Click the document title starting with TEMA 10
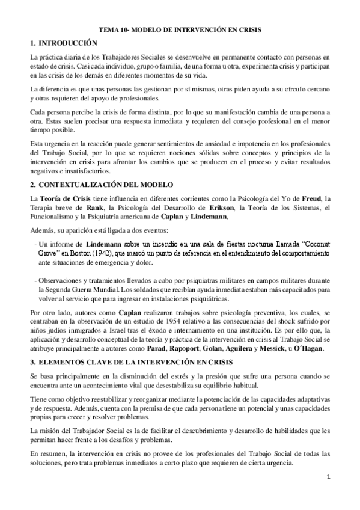(180, 29)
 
